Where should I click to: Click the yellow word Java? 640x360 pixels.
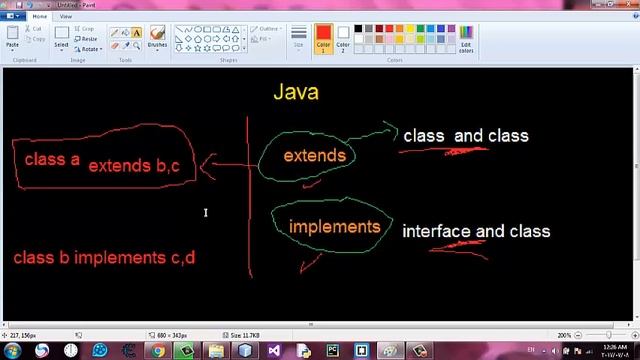[x=296, y=93]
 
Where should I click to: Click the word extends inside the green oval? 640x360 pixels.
[x=314, y=156]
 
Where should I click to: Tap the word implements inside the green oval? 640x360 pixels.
[x=334, y=226]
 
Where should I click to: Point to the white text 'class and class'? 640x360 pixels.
[x=466, y=136]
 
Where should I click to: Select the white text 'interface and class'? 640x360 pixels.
[x=476, y=231]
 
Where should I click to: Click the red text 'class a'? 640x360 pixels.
[x=52, y=158]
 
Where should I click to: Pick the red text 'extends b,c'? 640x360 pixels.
[x=134, y=166]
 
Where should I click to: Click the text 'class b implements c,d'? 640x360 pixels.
[x=104, y=257]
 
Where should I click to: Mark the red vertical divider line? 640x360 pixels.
[x=249, y=200]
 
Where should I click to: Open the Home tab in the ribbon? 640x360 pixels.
[x=41, y=17]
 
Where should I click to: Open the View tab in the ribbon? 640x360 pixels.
[x=66, y=17]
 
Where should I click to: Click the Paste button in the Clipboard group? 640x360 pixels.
[x=12, y=38]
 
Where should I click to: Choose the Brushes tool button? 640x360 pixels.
[x=157, y=38]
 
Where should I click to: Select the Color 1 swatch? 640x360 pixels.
[x=323, y=38]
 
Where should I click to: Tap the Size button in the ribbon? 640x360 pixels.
[x=299, y=38]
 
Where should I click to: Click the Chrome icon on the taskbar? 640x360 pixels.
[x=158, y=351]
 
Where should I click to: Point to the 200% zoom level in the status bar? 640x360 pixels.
[x=565, y=335]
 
